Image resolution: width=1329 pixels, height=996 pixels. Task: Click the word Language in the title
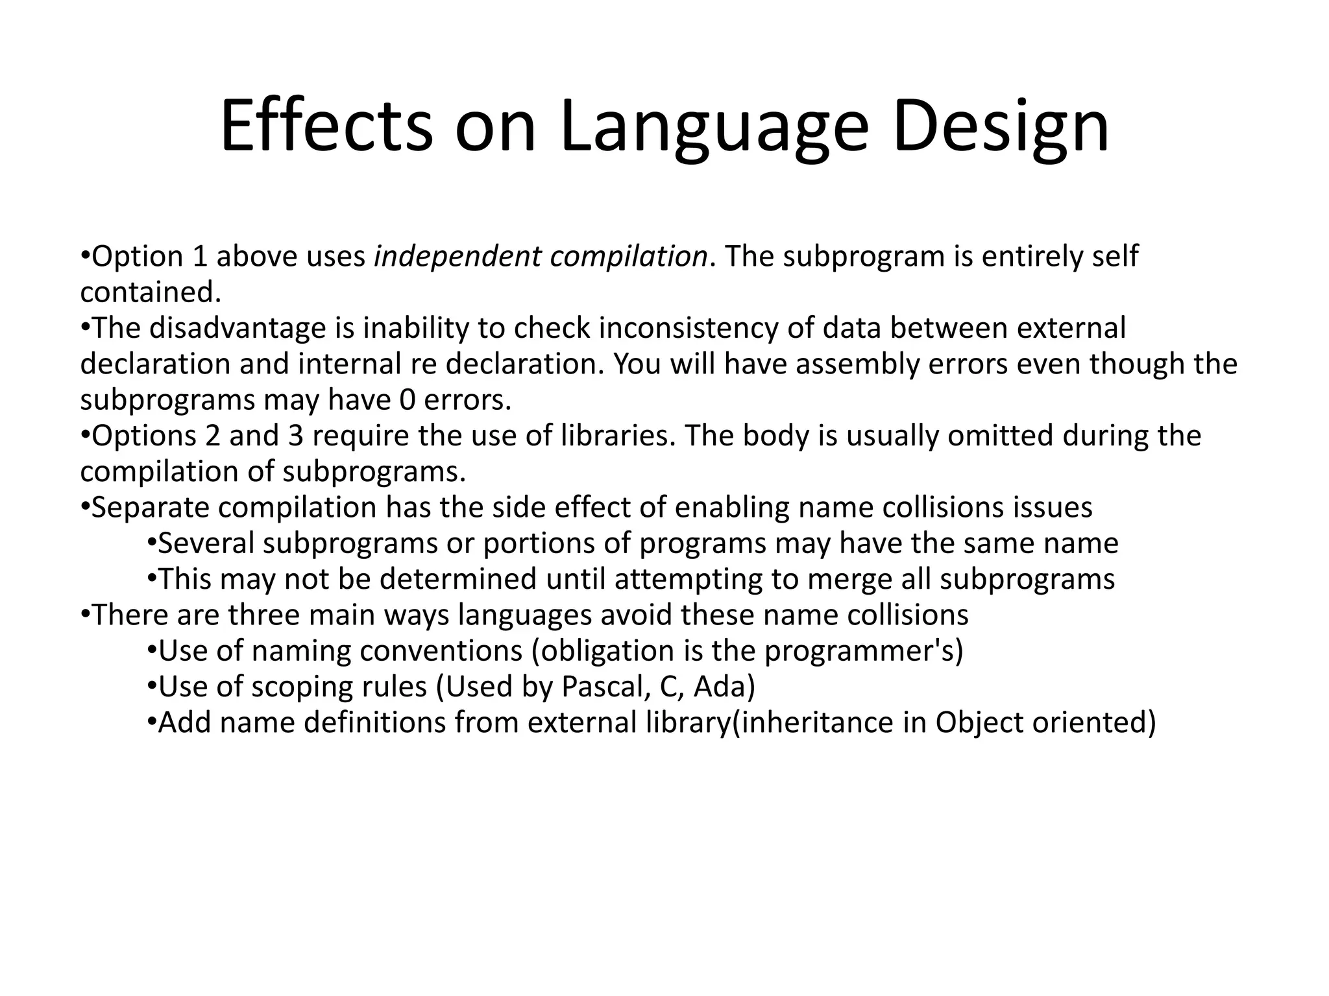713,126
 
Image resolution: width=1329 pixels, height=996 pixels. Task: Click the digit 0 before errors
407,400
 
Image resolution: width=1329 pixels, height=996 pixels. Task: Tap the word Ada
724,687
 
